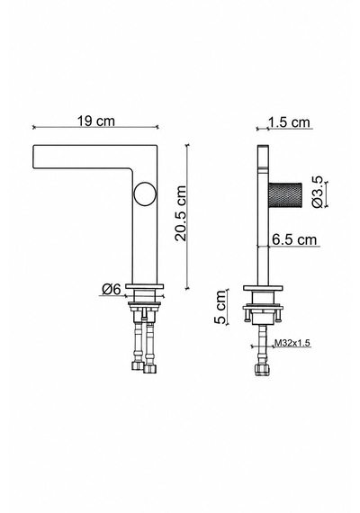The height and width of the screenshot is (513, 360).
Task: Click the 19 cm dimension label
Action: [96, 121]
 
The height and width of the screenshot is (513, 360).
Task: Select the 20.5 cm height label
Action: [180, 213]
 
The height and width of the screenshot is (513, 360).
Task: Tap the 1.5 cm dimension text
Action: [289, 122]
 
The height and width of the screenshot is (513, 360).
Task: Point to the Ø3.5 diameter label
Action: [317, 192]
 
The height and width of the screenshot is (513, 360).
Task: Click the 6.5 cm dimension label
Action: [294, 239]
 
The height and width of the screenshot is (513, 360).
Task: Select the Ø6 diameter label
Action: [112, 289]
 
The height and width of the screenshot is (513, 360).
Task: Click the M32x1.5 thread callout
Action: [292, 343]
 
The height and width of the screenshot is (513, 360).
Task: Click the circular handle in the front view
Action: [145, 194]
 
